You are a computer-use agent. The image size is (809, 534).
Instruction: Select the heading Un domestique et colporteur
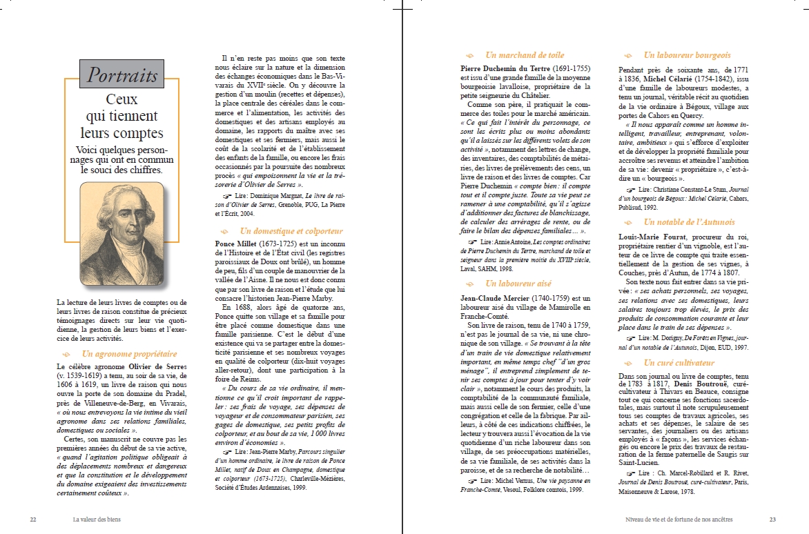coord(291,231)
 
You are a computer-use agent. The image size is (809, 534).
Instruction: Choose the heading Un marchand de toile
coord(524,55)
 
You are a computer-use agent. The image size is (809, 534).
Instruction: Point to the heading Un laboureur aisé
coord(518,284)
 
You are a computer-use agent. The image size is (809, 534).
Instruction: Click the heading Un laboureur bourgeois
coord(686,55)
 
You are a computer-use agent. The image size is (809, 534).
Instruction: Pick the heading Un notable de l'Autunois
coord(689,222)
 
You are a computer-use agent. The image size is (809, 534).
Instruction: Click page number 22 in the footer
coord(33,520)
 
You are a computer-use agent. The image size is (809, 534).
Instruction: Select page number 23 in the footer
coord(773,520)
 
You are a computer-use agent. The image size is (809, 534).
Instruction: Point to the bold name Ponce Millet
coord(237,244)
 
